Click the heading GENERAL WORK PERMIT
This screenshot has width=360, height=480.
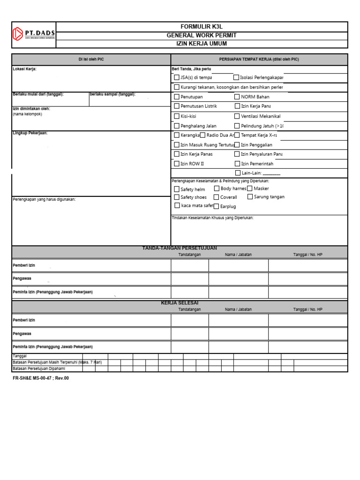[202, 35]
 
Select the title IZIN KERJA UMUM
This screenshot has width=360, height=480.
[202, 44]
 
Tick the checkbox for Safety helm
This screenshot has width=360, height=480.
[177, 189]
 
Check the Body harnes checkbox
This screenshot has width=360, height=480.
[217, 188]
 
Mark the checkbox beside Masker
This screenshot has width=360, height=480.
[250, 188]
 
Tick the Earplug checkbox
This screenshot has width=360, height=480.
[216, 206]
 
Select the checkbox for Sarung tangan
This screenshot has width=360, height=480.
[250, 197]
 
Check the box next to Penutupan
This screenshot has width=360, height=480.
[177, 97]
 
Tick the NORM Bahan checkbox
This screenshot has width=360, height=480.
[237, 97]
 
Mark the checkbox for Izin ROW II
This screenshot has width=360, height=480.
[177, 164]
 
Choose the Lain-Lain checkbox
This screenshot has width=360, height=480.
[238, 173]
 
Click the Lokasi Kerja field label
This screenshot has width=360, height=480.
[24, 69]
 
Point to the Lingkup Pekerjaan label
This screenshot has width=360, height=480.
[30, 133]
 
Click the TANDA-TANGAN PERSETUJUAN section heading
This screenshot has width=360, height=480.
[180, 248]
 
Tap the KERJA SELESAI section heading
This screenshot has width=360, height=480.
[180, 303]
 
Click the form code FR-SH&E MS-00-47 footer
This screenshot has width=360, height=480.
[40, 378]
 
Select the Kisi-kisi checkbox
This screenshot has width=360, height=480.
[177, 116]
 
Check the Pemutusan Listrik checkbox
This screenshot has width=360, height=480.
[177, 106]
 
